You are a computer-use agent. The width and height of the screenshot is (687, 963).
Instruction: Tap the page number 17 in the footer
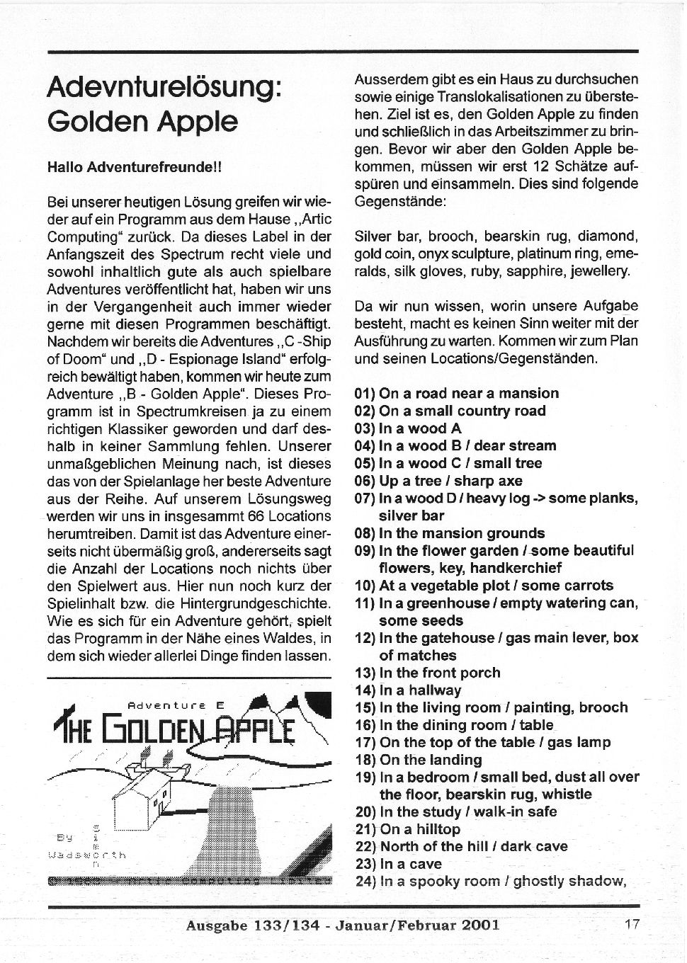tap(632, 924)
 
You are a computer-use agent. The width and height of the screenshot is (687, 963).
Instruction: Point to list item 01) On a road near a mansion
tap(457, 393)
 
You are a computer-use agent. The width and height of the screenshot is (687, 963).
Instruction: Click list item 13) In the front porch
tap(427, 673)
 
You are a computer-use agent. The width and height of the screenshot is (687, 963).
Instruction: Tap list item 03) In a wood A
tap(408, 428)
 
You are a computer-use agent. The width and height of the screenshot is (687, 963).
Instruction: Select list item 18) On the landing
tap(418, 760)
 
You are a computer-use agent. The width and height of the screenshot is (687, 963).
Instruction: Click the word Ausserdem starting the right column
tap(386, 79)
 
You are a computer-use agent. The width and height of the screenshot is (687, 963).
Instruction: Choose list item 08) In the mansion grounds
tap(450, 533)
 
